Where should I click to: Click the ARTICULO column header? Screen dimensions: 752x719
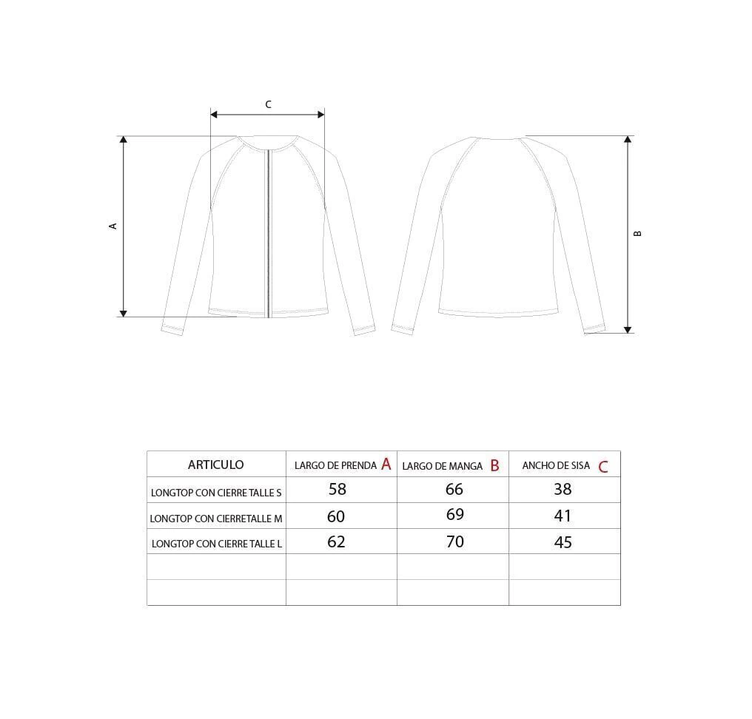pyautogui.click(x=216, y=465)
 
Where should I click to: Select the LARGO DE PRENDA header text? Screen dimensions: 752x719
pyautogui.click(x=335, y=465)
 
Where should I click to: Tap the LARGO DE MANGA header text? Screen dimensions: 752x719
pyautogui.click(x=442, y=466)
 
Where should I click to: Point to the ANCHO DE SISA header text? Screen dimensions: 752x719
pyautogui.click(x=556, y=465)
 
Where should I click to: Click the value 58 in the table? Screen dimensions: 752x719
pyautogui.click(x=338, y=489)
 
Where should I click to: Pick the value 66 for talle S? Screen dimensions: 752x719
pyautogui.click(x=454, y=489)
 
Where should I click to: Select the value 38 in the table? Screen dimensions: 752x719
pyautogui.click(x=563, y=489)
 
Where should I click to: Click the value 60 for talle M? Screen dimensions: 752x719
pyautogui.click(x=336, y=516)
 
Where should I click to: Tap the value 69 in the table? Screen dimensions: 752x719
pyautogui.click(x=454, y=514)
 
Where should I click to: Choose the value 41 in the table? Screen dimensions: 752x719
pyautogui.click(x=563, y=516)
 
